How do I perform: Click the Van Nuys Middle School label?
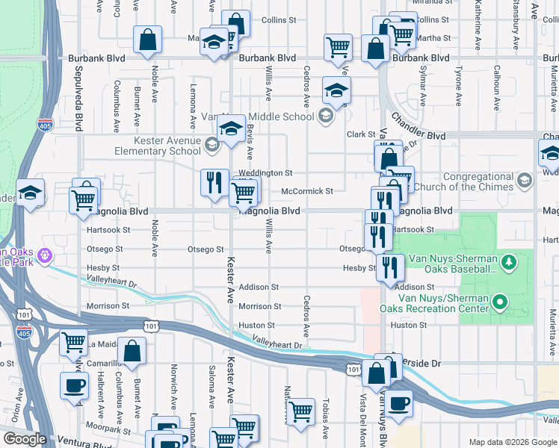[258, 116]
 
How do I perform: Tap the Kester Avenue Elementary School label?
[157, 146]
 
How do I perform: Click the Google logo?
[24, 439]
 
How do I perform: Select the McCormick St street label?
[306, 191]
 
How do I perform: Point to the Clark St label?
[360, 134]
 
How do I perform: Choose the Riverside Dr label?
[419, 364]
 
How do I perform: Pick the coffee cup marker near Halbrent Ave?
[74, 385]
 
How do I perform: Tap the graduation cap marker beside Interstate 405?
[30, 194]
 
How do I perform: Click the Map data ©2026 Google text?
[512, 442]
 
